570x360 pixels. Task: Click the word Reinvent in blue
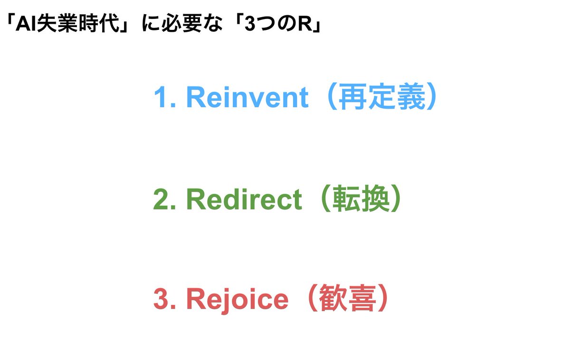(x=247, y=98)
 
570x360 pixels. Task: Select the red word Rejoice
(x=237, y=299)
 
